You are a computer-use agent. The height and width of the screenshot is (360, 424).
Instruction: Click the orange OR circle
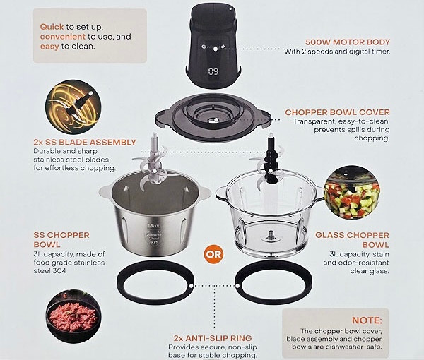(x=213, y=254)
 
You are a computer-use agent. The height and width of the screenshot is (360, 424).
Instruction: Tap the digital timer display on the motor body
(x=213, y=71)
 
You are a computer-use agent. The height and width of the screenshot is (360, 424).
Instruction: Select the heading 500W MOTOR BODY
(x=348, y=42)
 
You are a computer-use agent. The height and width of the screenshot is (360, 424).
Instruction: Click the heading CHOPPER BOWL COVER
(x=337, y=112)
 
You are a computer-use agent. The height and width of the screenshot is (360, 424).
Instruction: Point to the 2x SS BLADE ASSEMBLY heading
(x=85, y=143)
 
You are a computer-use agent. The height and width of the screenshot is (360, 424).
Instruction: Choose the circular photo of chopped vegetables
(x=351, y=193)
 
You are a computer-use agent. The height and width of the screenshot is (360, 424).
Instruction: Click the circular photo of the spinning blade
(x=73, y=107)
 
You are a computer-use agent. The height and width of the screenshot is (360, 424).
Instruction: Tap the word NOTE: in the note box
(x=367, y=320)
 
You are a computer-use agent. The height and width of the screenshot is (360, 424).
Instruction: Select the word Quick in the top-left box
(x=52, y=27)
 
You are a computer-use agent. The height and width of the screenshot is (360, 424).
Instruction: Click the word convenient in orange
(x=62, y=37)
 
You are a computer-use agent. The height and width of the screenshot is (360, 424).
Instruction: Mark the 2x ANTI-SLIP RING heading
(x=213, y=338)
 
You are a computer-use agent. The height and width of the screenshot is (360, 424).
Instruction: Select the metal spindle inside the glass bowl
(x=270, y=235)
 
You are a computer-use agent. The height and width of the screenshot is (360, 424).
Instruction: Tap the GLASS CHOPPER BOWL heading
(x=352, y=240)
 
